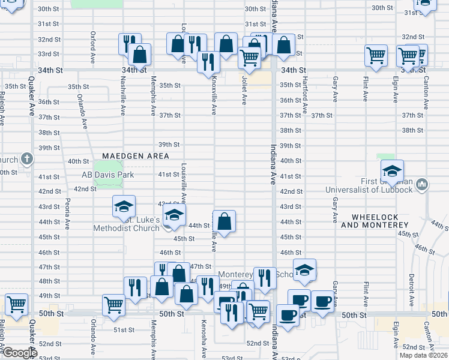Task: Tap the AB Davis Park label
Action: (x=108, y=175)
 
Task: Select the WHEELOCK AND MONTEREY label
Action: (x=375, y=221)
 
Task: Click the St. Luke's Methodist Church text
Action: (x=127, y=224)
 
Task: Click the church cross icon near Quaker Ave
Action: (x=26, y=159)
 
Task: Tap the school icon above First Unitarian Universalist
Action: (x=392, y=170)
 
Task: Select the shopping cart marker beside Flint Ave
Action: (x=376, y=55)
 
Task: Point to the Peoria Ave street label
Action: (x=68, y=211)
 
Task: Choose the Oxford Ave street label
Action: (x=93, y=43)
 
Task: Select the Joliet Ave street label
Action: (x=244, y=94)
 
